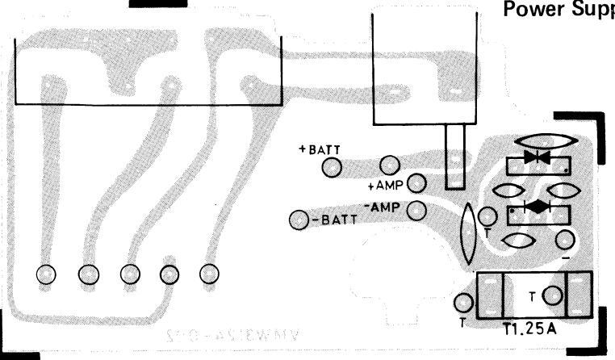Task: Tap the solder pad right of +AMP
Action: [417, 183]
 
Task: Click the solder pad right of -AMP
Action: [416, 211]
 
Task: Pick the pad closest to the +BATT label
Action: [332, 167]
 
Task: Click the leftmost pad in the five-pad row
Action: [46, 274]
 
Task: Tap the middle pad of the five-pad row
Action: [128, 274]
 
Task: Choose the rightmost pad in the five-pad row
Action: [210, 274]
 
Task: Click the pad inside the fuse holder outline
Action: [552, 296]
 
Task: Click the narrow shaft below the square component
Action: [454, 157]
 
